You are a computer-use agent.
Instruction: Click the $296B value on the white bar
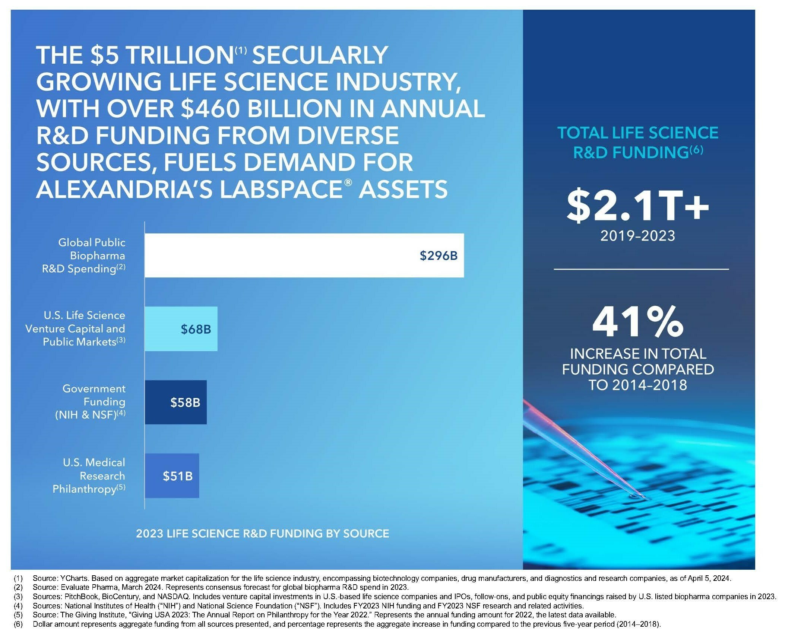pyautogui.click(x=438, y=255)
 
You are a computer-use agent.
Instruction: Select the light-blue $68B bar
pyautogui.click(x=181, y=329)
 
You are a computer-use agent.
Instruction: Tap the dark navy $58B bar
pyautogui.click(x=175, y=402)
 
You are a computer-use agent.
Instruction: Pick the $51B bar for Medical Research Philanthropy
pyautogui.click(x=172, y=476)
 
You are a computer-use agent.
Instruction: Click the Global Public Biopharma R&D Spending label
pyautogui.click(x=84, y=255)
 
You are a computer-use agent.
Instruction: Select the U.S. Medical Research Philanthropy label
pyautogui.click(x=89, y=476)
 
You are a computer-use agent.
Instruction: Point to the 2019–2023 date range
pyautogui.click(x=637, y=236)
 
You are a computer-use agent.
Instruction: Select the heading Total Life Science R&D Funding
pyautogui.click(x=637, y=143)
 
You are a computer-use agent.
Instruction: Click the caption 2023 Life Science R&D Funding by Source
pyautogui.click(x=262, y=534)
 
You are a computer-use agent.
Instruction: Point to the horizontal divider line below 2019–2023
pyautogui.click(x=641, y=269)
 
